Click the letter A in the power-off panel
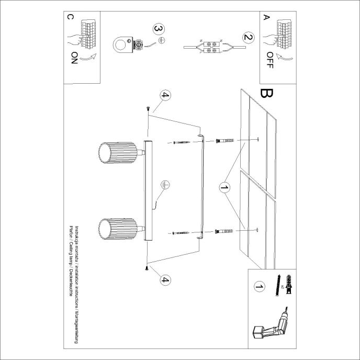tap(266, 18)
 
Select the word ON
tap(72, 58)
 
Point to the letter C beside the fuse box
tap(71, 17)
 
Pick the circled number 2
tap(248, 37)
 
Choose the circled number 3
tap(158, 29)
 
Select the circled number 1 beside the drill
tap(258, 286)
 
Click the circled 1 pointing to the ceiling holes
tap(224, 186)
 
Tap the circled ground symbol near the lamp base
tap(164, 185)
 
